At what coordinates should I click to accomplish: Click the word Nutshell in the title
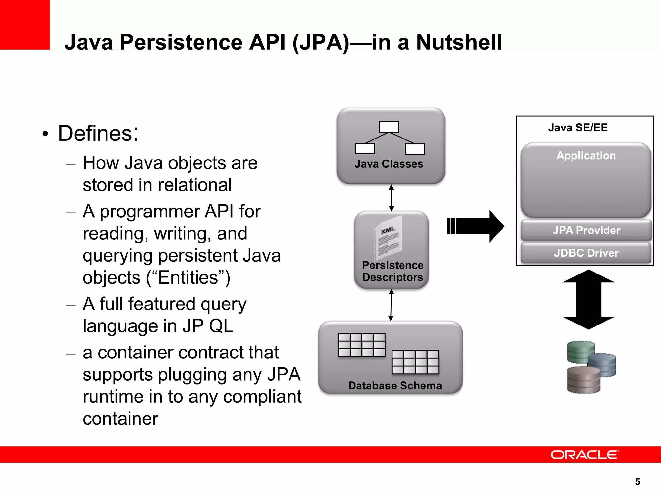pyautogui.click(x=459, y=42)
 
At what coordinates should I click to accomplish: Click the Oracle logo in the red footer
pyautogui.click(x=585, y=455)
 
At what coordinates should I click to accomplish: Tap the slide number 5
pyautogui.click(x=637, y=482)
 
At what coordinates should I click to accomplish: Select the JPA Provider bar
pyautogui.click(x=586, y=230)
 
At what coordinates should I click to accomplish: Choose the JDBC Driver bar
pyautogui.click(x=586, y=253)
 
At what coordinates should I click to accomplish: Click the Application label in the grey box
pyautogui.click(x=586, y=156)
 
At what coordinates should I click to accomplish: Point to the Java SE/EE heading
pyautogui.click(x=578, y=128)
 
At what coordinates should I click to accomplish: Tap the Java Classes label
pyautogui.click(x=389, y=164)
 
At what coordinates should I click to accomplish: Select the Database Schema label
pyautogui.click(x=395, y=386)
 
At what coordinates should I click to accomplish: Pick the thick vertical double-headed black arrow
pyautogui.click(x=588, y=299)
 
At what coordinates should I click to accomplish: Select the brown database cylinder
pyautogui.click(x=584, y=380)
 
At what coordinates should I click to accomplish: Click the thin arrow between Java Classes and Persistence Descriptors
pyautogui.click(x=391, y=198)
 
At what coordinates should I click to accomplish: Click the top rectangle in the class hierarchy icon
pyautogui.click(x=389, y=127)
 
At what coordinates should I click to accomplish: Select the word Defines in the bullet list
pyautogui.click(x=98, y=133)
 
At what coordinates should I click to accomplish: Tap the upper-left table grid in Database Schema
pyautogui.click(x=361, y=345)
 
